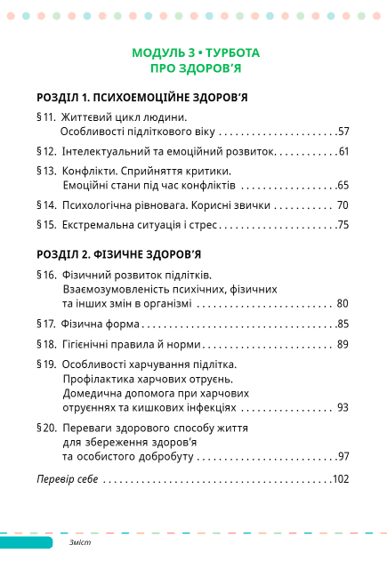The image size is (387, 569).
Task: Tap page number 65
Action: pyautogui.click(x=343, y=185)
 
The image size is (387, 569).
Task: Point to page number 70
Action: pyautogui.click(x=343, y=204)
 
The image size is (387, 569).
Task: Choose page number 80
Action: pyautogui.click(x=343, y=303)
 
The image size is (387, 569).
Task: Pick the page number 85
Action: pyautogui.click(x=343, y=324)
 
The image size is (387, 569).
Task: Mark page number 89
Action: pyautogui.click(x=343, y=343)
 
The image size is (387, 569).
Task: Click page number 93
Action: pyautogui.click(x=343, y=408)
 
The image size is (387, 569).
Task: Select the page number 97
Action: pyautogui.click(x=343, y=456)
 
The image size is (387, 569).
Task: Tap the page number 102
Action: pyautogui.click(x=341, y=479)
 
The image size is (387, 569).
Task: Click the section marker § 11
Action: pyautogui.click(x=46, y=116)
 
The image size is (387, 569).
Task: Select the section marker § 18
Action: pyautogui.click(x=46, y=343)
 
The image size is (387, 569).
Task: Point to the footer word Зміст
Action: pyautogui.click(x=81, y=542)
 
